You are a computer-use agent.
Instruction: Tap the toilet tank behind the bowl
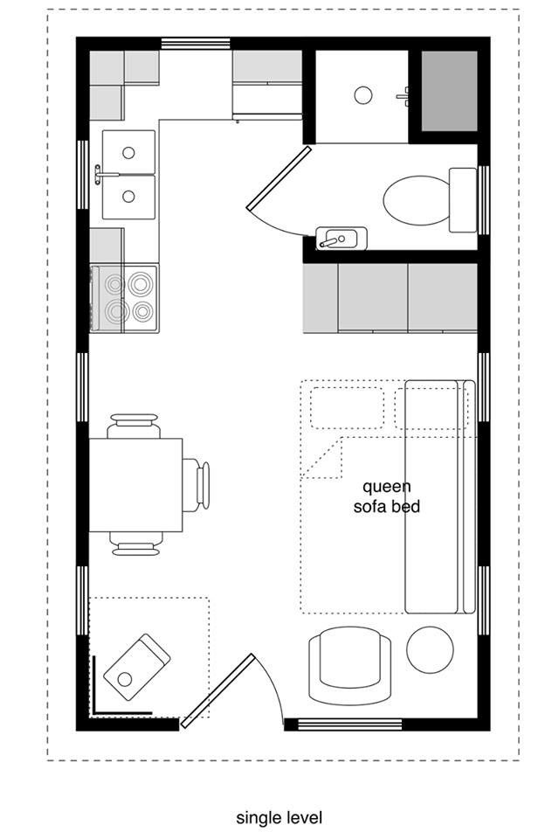463,199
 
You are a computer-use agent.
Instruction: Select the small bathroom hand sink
341,239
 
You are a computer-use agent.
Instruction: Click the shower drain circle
363,95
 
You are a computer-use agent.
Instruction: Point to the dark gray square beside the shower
449,91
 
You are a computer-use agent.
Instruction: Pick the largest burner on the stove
140,283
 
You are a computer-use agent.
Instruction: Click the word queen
387,488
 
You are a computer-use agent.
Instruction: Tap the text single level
279,818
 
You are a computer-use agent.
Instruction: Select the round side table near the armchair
430,649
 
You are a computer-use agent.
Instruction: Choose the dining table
136,485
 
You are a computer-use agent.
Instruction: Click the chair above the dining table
134,426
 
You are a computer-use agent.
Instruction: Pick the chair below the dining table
136,544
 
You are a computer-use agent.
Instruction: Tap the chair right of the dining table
196,485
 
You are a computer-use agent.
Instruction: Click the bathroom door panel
279,178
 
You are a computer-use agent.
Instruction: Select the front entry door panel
217,690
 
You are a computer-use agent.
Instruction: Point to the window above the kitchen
196,44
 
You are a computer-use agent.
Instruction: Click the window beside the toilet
484,200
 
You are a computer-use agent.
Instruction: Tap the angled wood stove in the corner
137,667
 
